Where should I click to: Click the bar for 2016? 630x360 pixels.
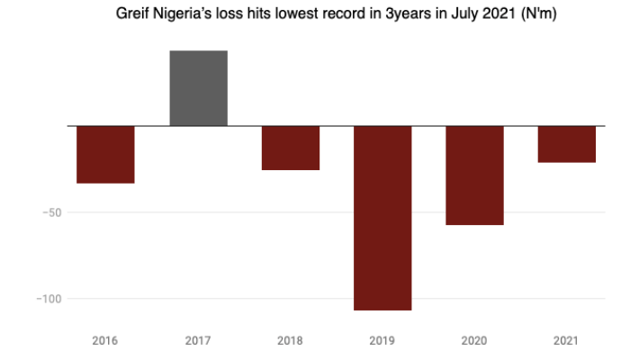105,154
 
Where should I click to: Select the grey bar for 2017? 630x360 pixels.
198,88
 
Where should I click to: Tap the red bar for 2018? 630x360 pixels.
290,148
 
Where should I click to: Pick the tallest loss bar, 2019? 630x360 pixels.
382,218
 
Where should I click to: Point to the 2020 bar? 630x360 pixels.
474,175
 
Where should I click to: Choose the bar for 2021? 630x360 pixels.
566,144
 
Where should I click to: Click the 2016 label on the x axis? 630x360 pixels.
105,341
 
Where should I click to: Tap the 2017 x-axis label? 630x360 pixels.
198,341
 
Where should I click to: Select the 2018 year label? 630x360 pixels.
290,341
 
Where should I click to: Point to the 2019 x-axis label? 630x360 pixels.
382,341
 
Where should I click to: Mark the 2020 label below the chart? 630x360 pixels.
474,341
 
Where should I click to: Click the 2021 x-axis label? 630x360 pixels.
566,341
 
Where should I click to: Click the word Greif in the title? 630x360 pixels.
133,14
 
